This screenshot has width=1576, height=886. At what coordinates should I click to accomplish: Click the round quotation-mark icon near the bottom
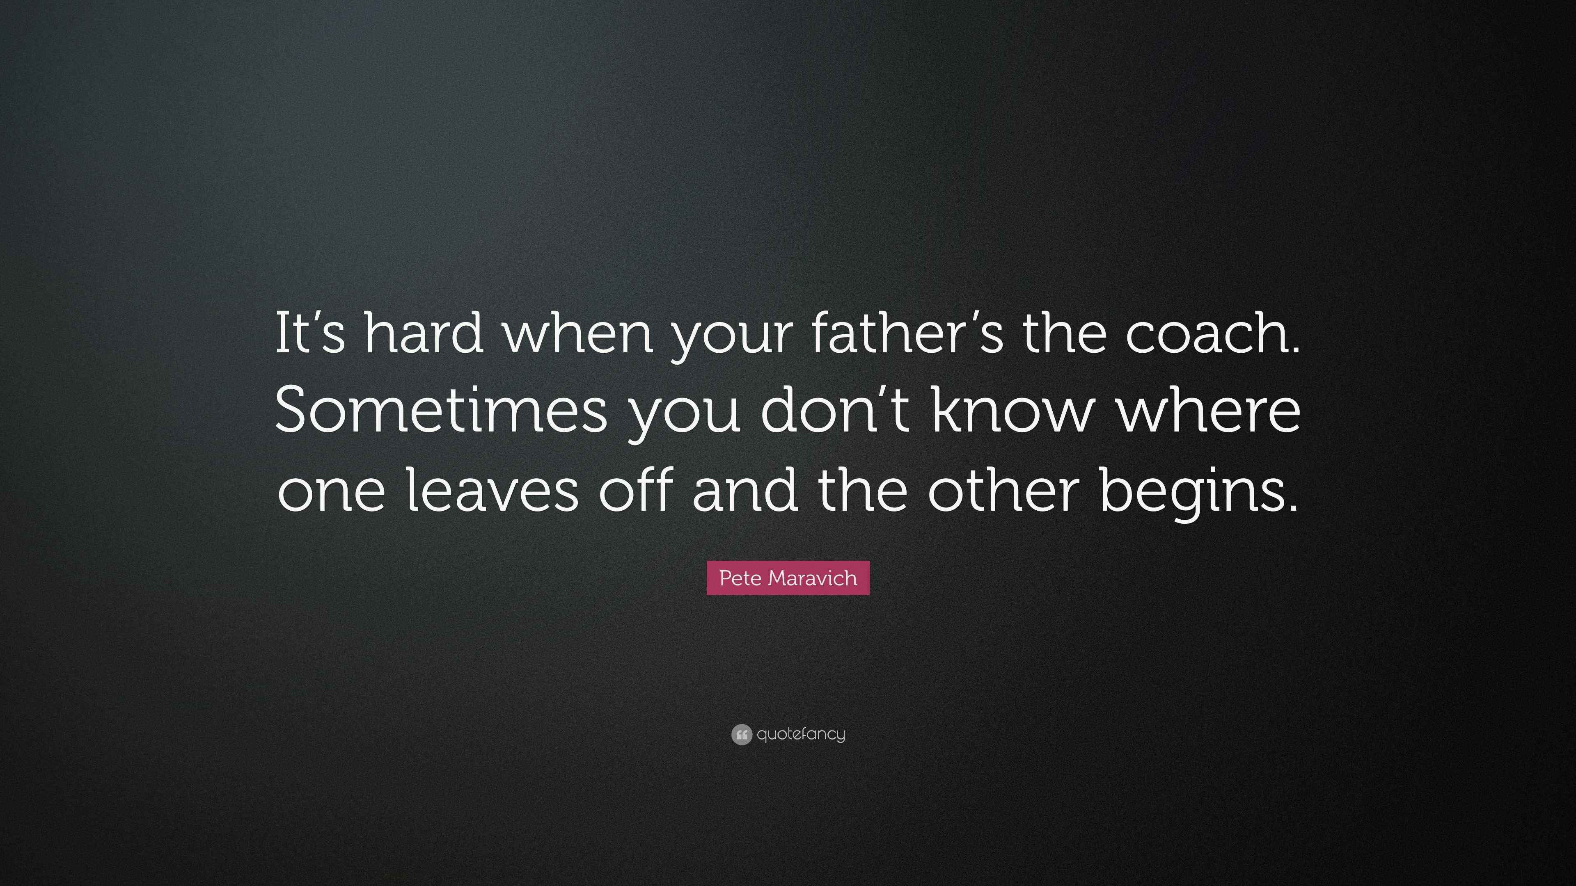tap(741, 734)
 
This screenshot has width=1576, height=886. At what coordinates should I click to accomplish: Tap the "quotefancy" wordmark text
tap(801, 734)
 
